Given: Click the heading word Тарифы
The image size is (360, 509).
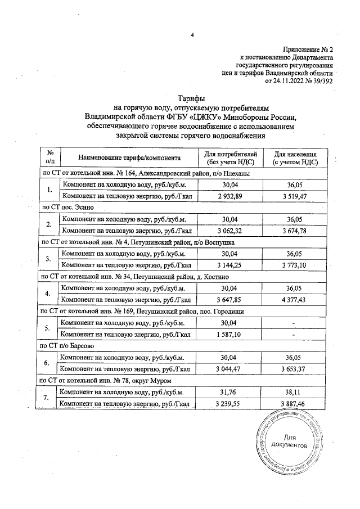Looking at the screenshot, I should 191,97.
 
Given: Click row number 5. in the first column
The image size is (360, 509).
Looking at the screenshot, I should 49,328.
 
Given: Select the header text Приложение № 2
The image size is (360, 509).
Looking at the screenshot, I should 308,49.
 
